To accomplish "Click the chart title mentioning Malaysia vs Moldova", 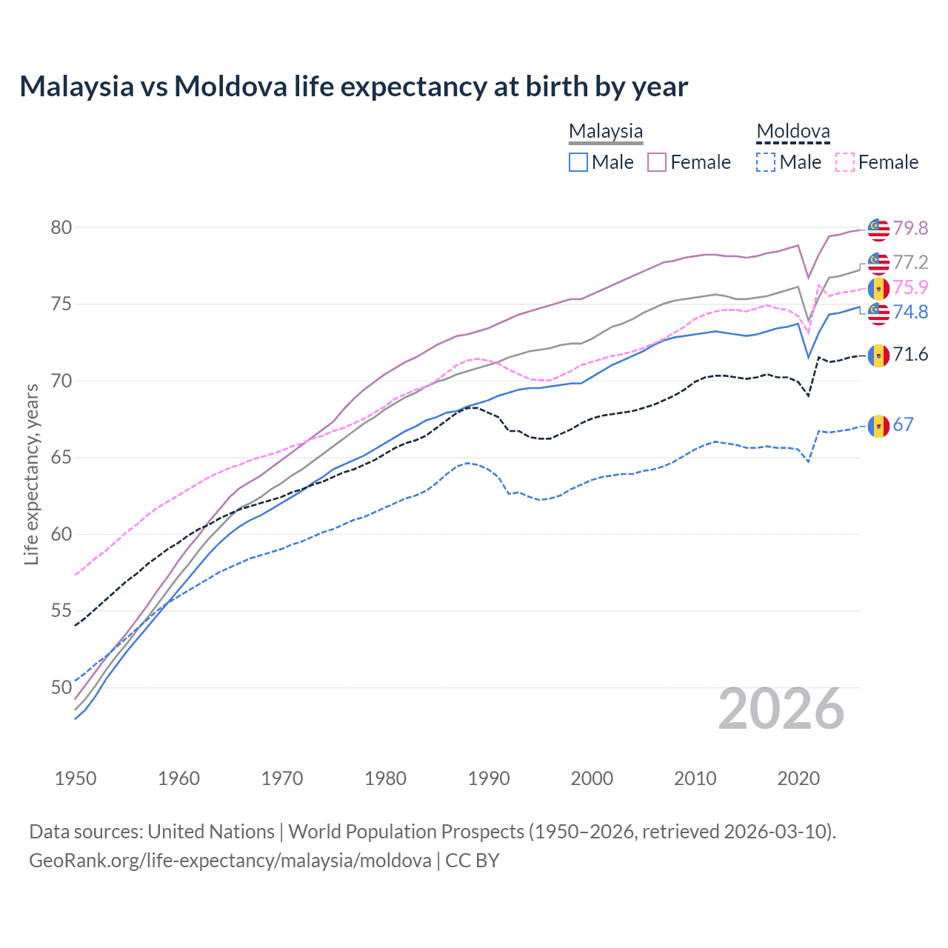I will (x=353, y=87).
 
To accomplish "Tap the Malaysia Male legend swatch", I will (x=578, y=162).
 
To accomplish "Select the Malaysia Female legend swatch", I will (x=657, y=162).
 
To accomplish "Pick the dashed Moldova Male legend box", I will (x=766, y=162).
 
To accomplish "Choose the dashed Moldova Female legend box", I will (x=844, y=162).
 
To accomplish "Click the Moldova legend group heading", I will (x=792, y=132).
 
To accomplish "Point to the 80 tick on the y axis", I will (x=61, y=227).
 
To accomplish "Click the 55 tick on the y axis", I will (x=61, y=611).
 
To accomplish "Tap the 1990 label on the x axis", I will (x=489, y=778).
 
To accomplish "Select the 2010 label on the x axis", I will (x=695, y=778).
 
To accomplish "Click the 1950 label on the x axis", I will (x=76, y=778).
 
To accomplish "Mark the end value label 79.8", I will (x=910, y=228).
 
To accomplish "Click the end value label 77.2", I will (x=910, y=262).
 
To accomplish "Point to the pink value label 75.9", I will (x=910, y=287).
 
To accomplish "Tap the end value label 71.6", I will (x=910, y=355).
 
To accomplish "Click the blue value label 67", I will (x=903, y=424).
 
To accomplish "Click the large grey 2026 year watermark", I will (x=781, y=709).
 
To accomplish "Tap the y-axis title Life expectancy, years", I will (x=31, y=474).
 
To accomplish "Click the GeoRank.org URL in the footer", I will (x=230, y=861).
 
